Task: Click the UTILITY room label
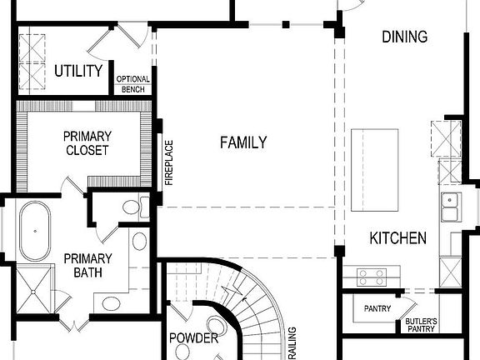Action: pos(78,71)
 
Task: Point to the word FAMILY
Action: pos(243,142)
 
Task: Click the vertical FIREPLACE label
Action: pos(168,162)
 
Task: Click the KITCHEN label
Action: pos(397,238)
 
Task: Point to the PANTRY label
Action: pos(377,309)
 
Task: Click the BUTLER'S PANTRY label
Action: pos(421,325)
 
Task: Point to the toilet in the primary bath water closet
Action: pos(133,207)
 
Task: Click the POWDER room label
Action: pos(193,338)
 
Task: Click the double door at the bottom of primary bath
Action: pos(72,322)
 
